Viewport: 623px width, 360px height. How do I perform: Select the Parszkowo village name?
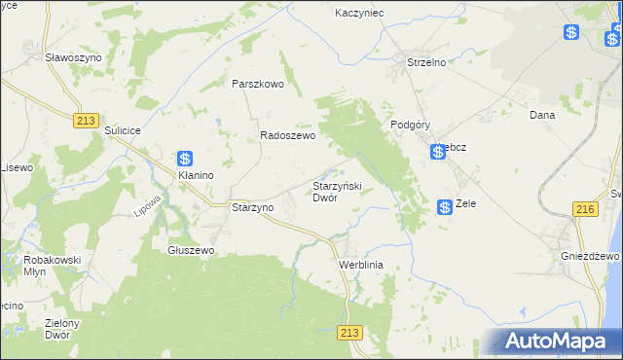coord(257,84)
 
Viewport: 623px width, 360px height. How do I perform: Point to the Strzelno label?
coord(425,62)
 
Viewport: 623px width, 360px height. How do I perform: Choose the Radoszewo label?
coord(287,137)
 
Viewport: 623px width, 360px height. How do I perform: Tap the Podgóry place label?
coord(410,125)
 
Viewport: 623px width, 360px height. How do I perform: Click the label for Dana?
coord(541,115)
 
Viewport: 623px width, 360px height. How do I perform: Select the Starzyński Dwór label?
coord(337,191)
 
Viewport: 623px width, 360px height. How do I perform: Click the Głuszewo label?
coord(190,249)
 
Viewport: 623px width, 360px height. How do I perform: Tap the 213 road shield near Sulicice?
coord(83,119)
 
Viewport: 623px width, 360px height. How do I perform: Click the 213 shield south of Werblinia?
coord(351,332)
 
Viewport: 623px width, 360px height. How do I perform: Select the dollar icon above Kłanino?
coord(185,159)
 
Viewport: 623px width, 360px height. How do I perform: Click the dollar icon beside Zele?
coord(444,206)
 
